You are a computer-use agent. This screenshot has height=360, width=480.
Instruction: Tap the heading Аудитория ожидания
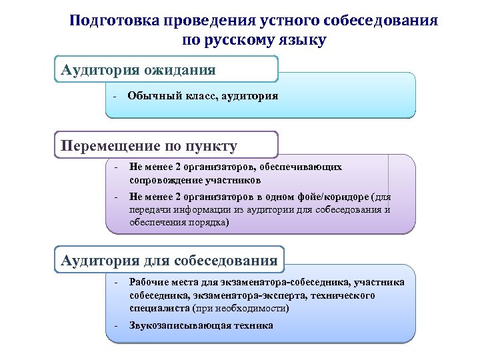139,69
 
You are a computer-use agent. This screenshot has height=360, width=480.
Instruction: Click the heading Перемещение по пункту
149,145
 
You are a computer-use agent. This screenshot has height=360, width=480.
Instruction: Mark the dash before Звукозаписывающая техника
115,326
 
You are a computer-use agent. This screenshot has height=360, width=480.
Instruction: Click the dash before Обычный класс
115,97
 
